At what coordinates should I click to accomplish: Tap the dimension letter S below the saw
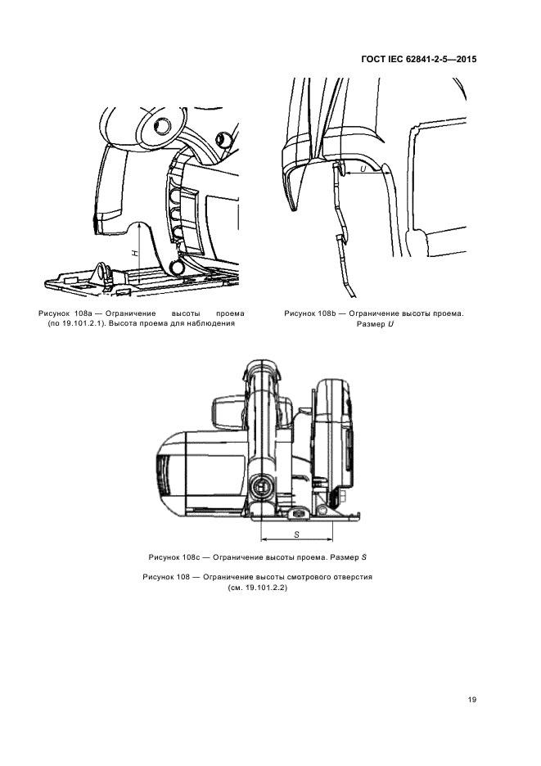pos(296,533)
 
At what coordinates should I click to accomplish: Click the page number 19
pos(472,700)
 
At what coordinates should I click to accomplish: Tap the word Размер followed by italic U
pos(370,324)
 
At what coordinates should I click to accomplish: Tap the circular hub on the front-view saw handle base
pos(263,489)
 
